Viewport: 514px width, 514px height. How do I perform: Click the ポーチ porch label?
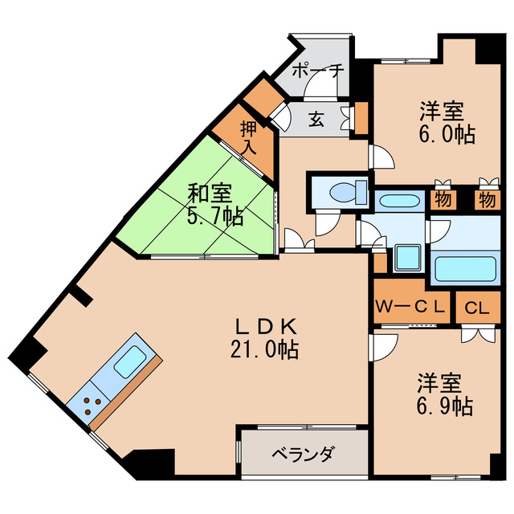point(318,71)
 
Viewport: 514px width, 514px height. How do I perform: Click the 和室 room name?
point(210,194)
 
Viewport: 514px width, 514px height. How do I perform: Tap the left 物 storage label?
point(442,198)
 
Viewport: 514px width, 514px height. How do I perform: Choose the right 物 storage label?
point(485,198)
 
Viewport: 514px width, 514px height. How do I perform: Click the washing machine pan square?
point(406,258)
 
